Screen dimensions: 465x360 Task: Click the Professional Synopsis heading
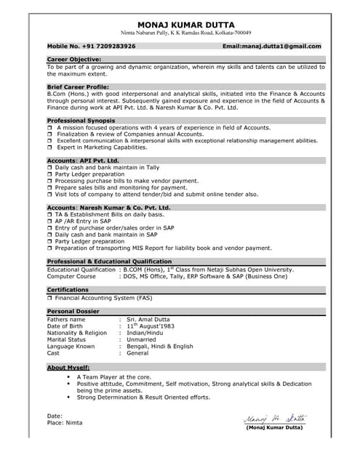(81, 120)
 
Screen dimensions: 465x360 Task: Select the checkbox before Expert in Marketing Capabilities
(50, 147)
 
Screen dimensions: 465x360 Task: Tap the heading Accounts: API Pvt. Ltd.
(83, 160)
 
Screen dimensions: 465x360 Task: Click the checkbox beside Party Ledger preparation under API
(50, 174)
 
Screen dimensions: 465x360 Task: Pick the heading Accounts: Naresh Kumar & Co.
(108, 207)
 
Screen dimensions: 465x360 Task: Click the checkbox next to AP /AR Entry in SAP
(50, 221)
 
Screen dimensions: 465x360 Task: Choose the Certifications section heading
(68, 289)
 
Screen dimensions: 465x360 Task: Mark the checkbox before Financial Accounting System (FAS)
(50, 298)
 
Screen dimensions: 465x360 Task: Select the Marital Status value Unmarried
(142, 339)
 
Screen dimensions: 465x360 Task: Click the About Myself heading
(68, 368)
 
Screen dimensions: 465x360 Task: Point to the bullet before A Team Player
(68, 378)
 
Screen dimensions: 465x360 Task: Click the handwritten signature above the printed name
(275, 417)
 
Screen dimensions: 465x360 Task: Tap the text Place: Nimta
(65, 422)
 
